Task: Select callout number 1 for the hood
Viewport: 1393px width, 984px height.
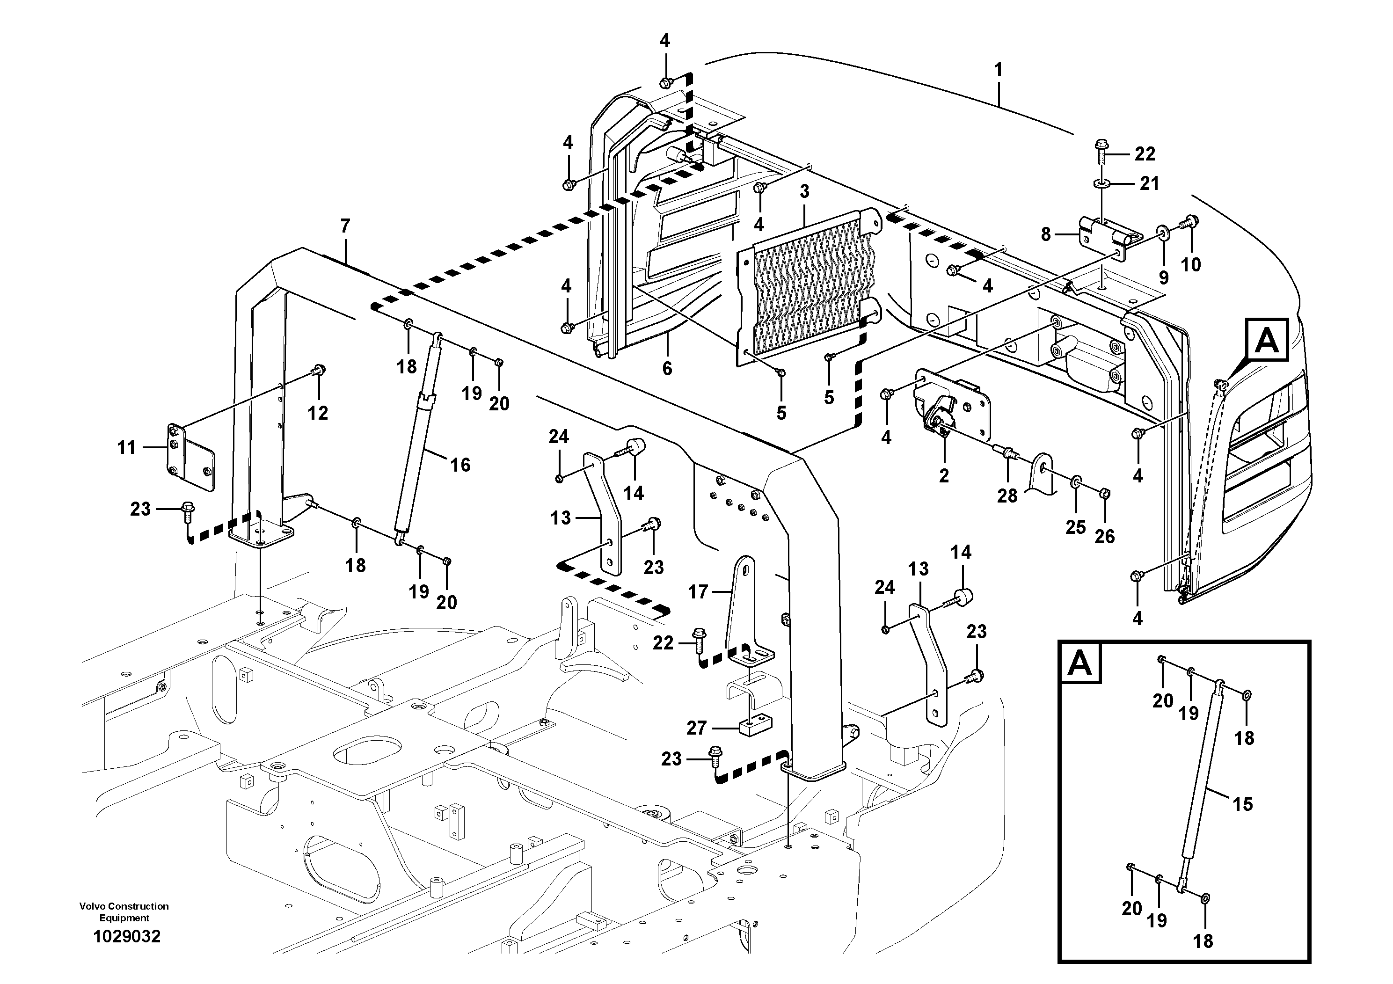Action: click(x=998, y=70)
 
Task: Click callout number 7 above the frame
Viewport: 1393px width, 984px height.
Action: click(x=345, y=226)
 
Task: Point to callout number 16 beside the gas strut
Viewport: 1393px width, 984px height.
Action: click(x=460, y=465)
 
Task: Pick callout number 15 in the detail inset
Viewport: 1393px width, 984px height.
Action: click(x=1242, y=804)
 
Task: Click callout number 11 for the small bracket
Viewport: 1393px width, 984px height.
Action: click(x=126, y=448)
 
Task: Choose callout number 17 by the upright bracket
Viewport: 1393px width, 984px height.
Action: click(x=698, y=591)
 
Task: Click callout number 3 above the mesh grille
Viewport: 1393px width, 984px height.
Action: click(x=804, y=192)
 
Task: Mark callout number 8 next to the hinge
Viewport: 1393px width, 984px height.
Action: click(x=1045, y=234)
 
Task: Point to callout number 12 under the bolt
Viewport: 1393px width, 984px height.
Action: click(x=318, y=413)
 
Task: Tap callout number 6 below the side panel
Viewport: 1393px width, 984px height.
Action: click(x=667, y=368)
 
